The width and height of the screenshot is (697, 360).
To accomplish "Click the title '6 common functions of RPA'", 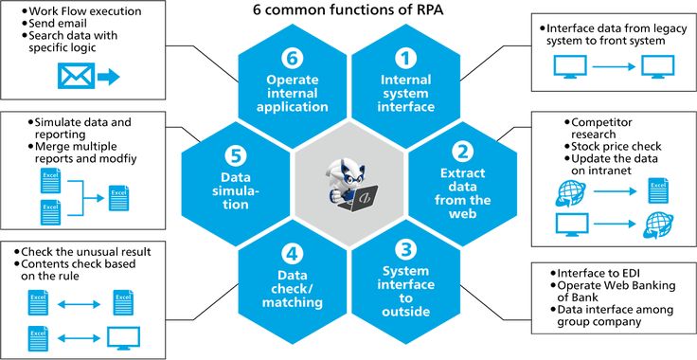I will pyautogui.click(x=348, y=12).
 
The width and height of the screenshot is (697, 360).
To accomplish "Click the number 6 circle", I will pyautogui.click(x=292, y=58).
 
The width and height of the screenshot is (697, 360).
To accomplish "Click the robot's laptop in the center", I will pyautogui.click(x=361, y=197).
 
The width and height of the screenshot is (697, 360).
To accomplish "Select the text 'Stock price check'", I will pyautogui.click(x=616, y=147).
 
